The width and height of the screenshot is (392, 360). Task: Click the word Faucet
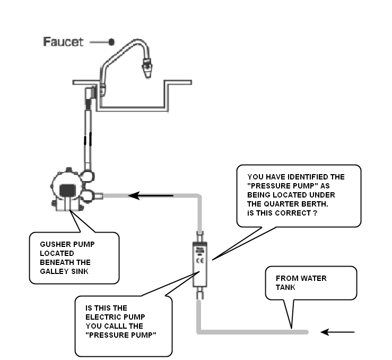(63, 42)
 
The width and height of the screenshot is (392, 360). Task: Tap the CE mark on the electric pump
(199, 261)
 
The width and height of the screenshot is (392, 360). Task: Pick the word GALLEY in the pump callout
(54, 272)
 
